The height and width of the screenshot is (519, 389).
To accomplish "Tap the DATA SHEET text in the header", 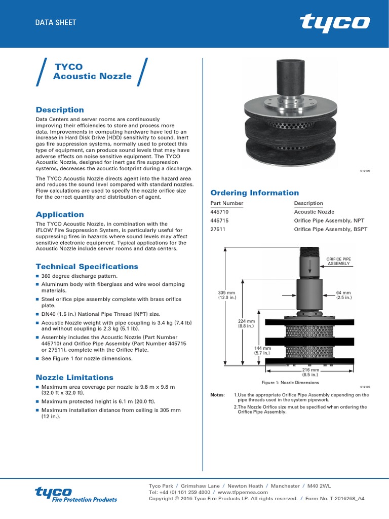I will point(56,22).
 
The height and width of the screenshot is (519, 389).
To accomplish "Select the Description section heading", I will point(60,109).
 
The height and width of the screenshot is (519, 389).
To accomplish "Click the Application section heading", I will point(60,214).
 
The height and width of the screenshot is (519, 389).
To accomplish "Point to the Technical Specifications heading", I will point(87,267).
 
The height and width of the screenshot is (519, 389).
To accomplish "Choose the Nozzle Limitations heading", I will point(74,378).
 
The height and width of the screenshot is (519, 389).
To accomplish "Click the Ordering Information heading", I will point(254,193).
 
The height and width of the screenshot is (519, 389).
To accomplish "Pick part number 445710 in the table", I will point(220,212).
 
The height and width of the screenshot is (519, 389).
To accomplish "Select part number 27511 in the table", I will point(218,229).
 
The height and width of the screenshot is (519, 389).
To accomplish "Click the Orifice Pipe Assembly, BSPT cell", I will point(330,229).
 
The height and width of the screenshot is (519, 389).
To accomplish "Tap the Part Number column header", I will point(226,203).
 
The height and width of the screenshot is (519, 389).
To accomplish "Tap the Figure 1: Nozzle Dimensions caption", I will point(290,383).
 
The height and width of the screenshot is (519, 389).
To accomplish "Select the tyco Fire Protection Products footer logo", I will point(76,495).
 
